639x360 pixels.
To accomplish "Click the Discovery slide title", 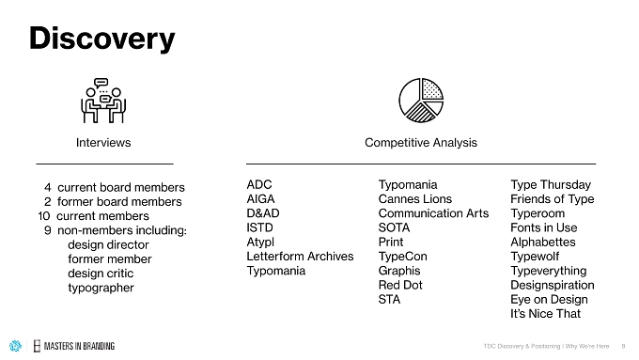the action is click(101, 39).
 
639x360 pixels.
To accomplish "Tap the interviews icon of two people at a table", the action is click(103, 101).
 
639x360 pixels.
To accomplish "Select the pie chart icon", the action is click(421, 101).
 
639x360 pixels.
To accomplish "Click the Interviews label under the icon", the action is click(103, 143).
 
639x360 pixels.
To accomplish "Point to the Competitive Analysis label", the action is click(421, 143).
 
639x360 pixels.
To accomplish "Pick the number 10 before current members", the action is click(44, 216).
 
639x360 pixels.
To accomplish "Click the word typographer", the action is click(101, 288).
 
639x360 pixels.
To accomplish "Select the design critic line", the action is click(101, 274).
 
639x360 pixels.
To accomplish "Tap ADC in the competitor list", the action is click(259, 184).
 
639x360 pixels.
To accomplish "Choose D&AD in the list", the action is click(263, 213).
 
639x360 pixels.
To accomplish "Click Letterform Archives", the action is click(300, 257).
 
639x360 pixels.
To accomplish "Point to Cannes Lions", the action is click(415, 199).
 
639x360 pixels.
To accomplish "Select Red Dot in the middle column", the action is click(400, 285).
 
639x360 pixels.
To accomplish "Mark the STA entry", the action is click(390, 299).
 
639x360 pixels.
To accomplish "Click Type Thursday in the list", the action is click(551, 185).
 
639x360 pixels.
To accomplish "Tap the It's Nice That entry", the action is click(546, 314).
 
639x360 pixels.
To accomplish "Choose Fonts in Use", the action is click(544, 227).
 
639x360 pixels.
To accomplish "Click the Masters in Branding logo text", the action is click(79, 346).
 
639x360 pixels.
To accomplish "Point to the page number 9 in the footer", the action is click(623, 346).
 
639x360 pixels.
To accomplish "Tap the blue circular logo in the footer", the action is click(15, 346).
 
